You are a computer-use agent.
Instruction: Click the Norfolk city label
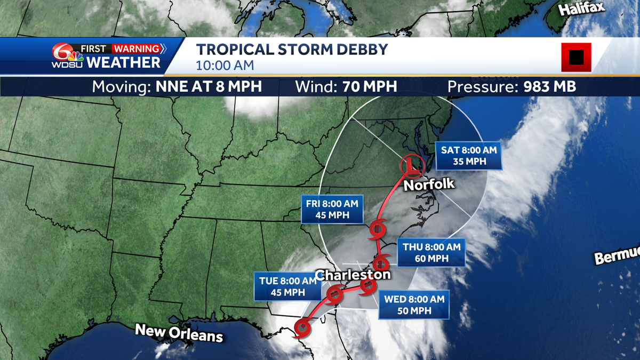(x=429, y=185)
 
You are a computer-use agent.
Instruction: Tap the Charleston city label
(x=353, y=275)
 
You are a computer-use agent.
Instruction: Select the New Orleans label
(x=179, y=333)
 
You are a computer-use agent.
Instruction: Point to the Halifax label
(x=580, y=10)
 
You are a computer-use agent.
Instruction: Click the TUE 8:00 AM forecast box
(x=287, y=286)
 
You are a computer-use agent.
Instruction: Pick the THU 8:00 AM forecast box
(x=431, y=253)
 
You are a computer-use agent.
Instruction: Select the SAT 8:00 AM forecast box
(x=469, y=156)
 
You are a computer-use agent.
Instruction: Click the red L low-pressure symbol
(x=411, y=166)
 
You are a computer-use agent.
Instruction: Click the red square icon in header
(x=576, y=57)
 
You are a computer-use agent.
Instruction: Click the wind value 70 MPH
(x=366, y=86)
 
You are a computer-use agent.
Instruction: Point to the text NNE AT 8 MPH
(x=209, y=86)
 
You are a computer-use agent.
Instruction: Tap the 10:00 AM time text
(x=225, y=66)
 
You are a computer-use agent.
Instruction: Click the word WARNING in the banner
(x=137, y=49)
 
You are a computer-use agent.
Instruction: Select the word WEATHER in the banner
(x=123, y=62)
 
